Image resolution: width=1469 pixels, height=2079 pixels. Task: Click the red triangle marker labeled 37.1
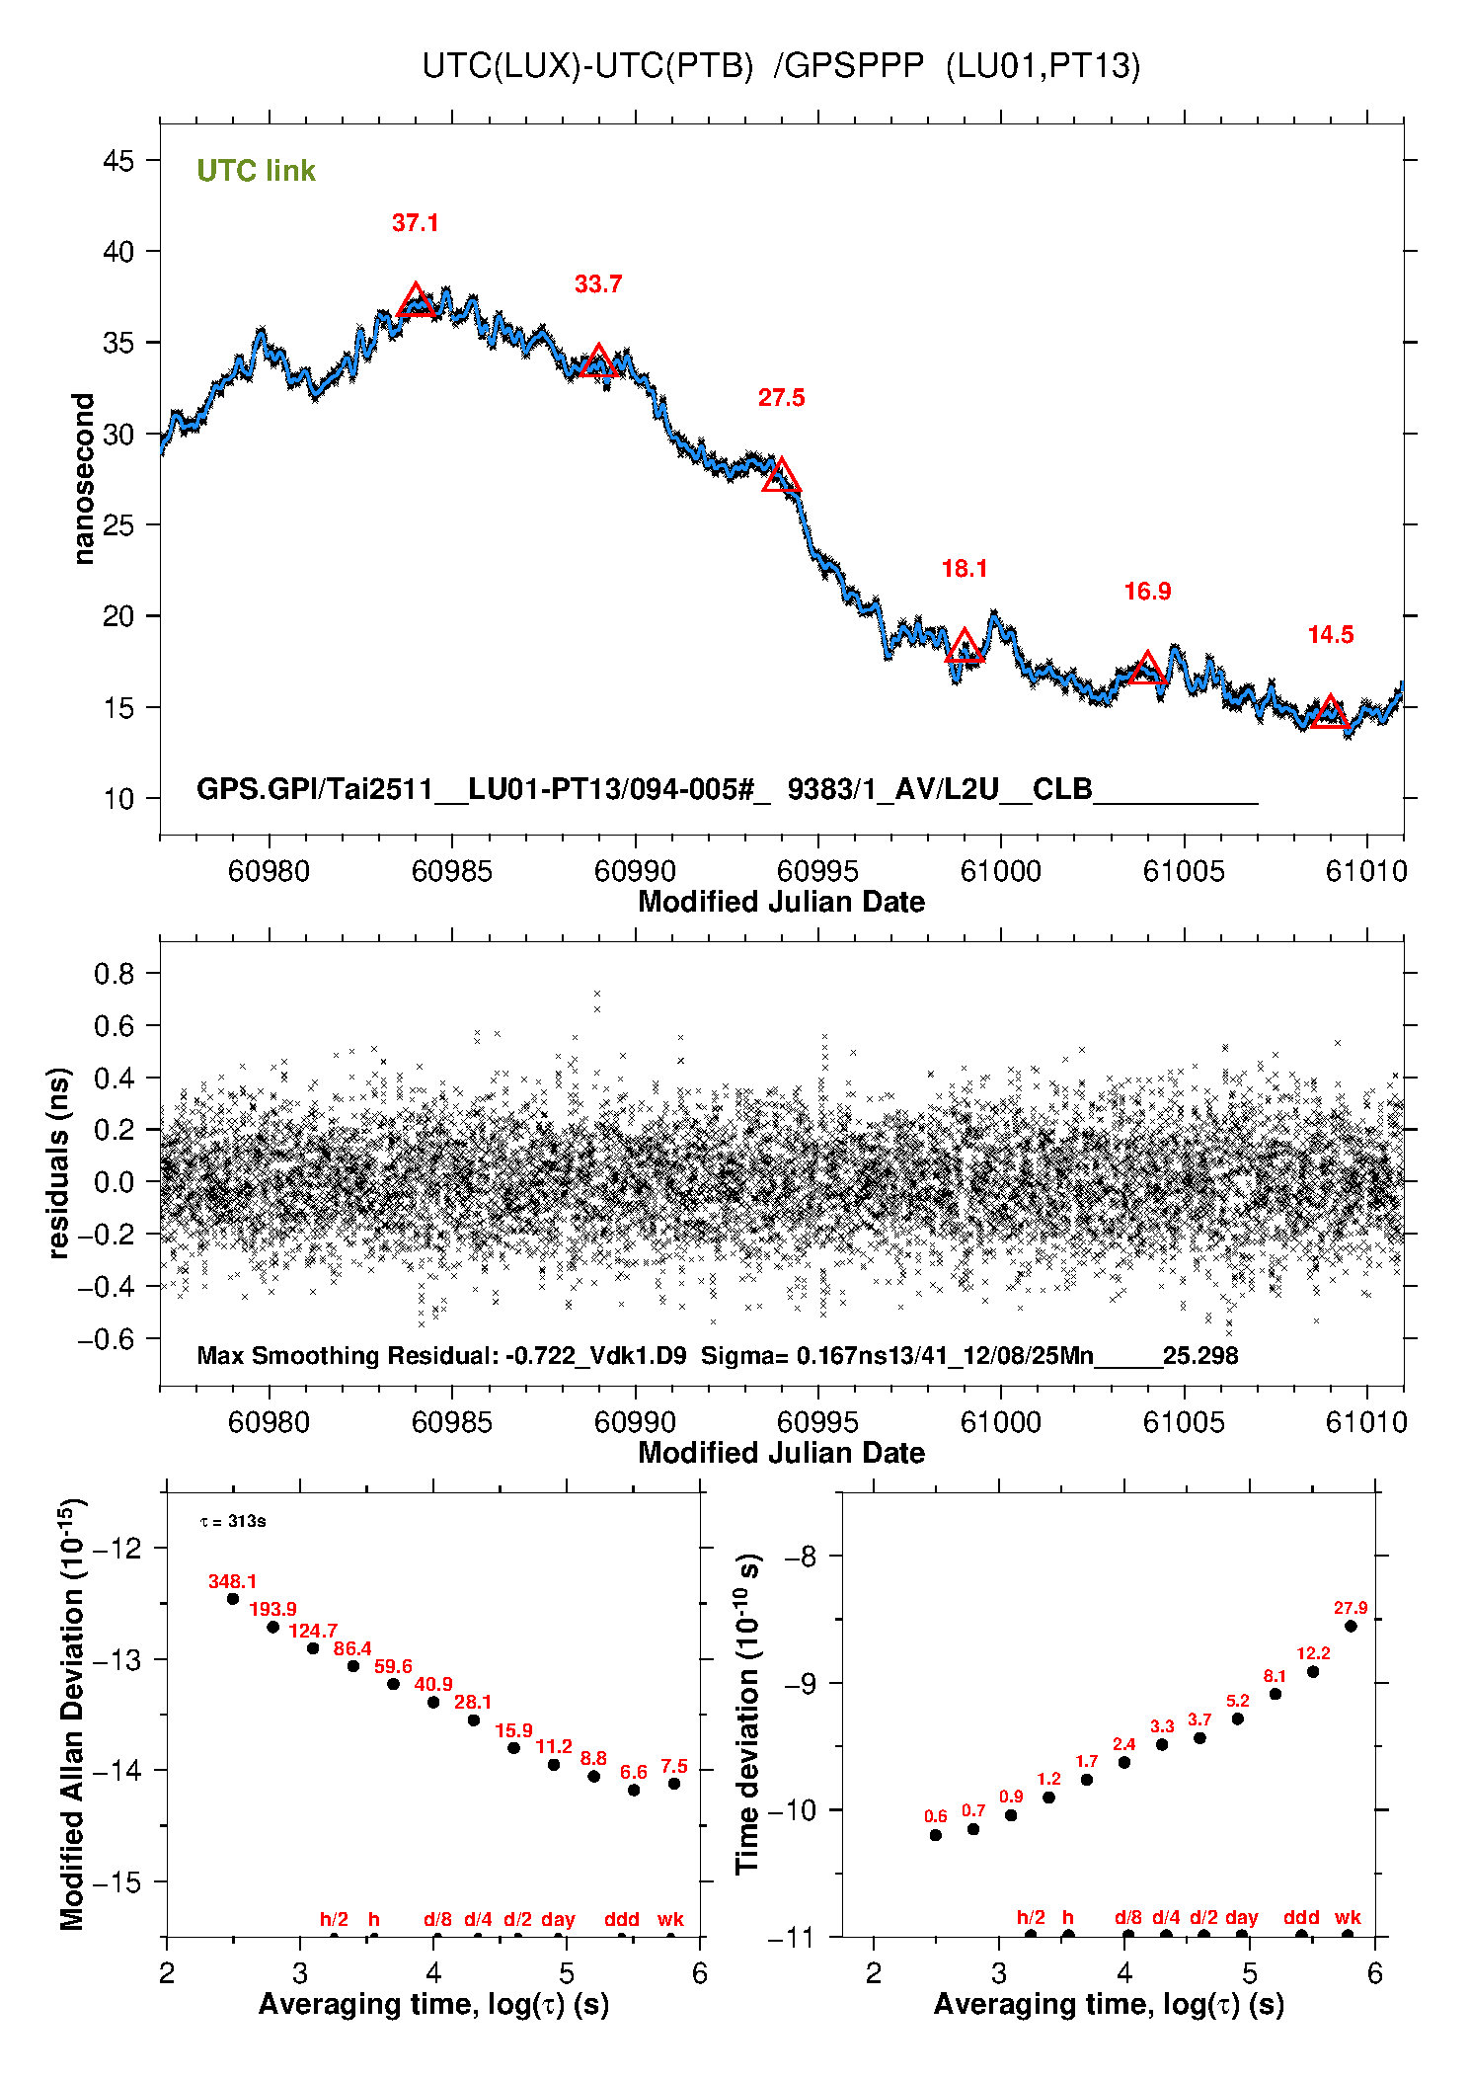pos(416,301)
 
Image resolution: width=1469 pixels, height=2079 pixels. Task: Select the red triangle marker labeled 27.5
pos(781,476)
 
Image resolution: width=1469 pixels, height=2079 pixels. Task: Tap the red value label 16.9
pos(1147,592)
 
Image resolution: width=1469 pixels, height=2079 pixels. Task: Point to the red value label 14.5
pos(1331,635)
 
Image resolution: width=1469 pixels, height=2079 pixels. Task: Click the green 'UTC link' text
pos(256,171)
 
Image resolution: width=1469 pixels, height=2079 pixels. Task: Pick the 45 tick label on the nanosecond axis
pos(118,160)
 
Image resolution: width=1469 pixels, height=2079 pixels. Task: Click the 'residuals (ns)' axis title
pos(59,1162)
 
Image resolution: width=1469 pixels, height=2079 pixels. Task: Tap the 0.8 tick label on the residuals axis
pos(115,974)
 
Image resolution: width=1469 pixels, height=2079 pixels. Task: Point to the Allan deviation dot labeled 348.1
pos(233,1599)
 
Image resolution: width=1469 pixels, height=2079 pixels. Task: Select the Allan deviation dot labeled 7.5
pos(674,1784)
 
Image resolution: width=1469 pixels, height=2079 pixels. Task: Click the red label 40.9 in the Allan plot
pos(433,1684)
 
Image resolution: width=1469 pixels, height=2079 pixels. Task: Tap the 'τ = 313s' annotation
pos(233,1521)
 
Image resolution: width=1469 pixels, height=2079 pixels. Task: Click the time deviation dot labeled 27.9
pos(1351,1626)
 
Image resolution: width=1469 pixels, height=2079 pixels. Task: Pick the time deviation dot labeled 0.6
pos(936,1835)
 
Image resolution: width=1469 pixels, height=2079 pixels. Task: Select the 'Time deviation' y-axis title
pos(748,1714)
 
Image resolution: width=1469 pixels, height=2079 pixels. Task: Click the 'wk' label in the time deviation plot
pos(1348,1917)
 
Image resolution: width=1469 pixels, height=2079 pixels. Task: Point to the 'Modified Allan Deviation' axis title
pos(73,1714)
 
